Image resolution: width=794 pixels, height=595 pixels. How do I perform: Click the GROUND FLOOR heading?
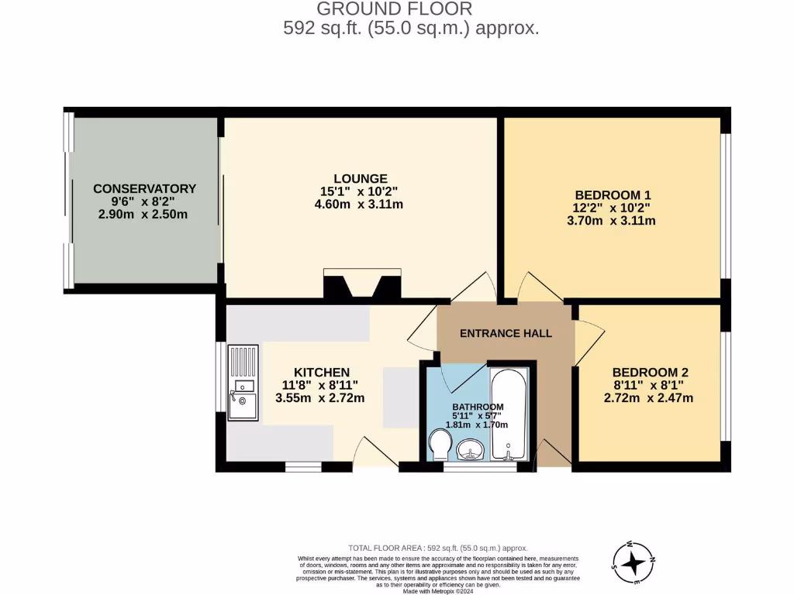click(x=395, y=9)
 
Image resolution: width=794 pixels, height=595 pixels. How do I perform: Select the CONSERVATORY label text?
click(x=144, y=188)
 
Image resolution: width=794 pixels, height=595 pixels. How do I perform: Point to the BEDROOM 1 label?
click(x=612, y=194)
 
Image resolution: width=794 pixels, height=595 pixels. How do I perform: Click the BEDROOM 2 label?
click(x=650, y=372)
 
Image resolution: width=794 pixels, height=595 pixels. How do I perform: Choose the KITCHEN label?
click(x=321, y=372)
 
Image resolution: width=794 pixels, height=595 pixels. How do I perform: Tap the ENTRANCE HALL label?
click(x=506, y=333)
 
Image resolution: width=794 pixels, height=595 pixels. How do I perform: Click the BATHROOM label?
click(x=478, y=407)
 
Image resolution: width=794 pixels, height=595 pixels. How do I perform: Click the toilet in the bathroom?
click(x=440, y=445)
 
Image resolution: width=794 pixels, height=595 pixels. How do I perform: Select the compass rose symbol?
click(x=633, y=561)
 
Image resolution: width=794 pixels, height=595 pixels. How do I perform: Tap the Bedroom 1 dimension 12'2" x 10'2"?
click(x=612, y=208)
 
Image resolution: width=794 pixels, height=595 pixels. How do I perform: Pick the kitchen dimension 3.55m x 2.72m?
click(x=320, y=398)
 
